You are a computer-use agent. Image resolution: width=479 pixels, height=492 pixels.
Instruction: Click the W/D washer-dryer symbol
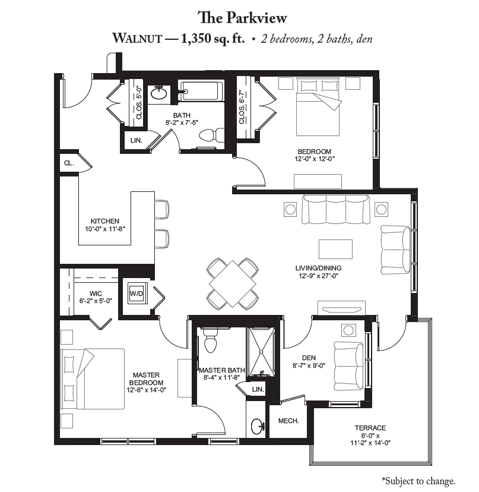pos(137,294)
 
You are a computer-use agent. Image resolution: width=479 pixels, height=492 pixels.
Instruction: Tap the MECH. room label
pos(288,421)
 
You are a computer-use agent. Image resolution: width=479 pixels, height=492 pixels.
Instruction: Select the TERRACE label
pos(370,428)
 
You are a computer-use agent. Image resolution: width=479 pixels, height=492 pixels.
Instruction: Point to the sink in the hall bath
pos(159,93)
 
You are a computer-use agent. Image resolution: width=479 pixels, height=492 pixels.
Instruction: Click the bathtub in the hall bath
pos(201,91)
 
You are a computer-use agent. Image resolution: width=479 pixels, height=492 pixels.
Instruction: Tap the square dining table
pos(232,284)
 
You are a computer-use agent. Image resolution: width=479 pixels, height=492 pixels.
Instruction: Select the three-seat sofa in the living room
pos(335,209)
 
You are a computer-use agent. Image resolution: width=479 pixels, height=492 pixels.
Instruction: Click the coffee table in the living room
pos(335,249)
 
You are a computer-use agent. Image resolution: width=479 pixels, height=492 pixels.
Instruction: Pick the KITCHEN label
pos(104,221)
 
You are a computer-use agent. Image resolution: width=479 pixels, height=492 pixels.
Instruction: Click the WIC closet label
pos(96,294)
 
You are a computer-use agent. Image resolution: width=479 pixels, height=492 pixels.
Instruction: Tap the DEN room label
pos(309,358)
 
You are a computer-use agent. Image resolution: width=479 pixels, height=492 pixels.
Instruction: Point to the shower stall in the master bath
pos(261,351)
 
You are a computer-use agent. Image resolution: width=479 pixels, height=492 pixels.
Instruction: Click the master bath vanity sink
pos(258,426)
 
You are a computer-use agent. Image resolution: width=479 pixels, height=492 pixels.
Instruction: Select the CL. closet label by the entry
pos(69,163)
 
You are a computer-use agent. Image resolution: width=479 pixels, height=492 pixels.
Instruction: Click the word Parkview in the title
pos(256,18)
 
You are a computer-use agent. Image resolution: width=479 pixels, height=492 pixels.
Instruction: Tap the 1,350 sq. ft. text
pos(213,39)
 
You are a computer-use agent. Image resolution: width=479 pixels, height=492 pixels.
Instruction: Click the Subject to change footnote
pos(418,481)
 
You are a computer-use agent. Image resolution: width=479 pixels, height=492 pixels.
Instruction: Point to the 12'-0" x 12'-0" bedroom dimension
pos(315,159)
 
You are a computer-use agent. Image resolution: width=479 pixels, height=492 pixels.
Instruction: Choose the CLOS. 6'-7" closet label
pos(242,108)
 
